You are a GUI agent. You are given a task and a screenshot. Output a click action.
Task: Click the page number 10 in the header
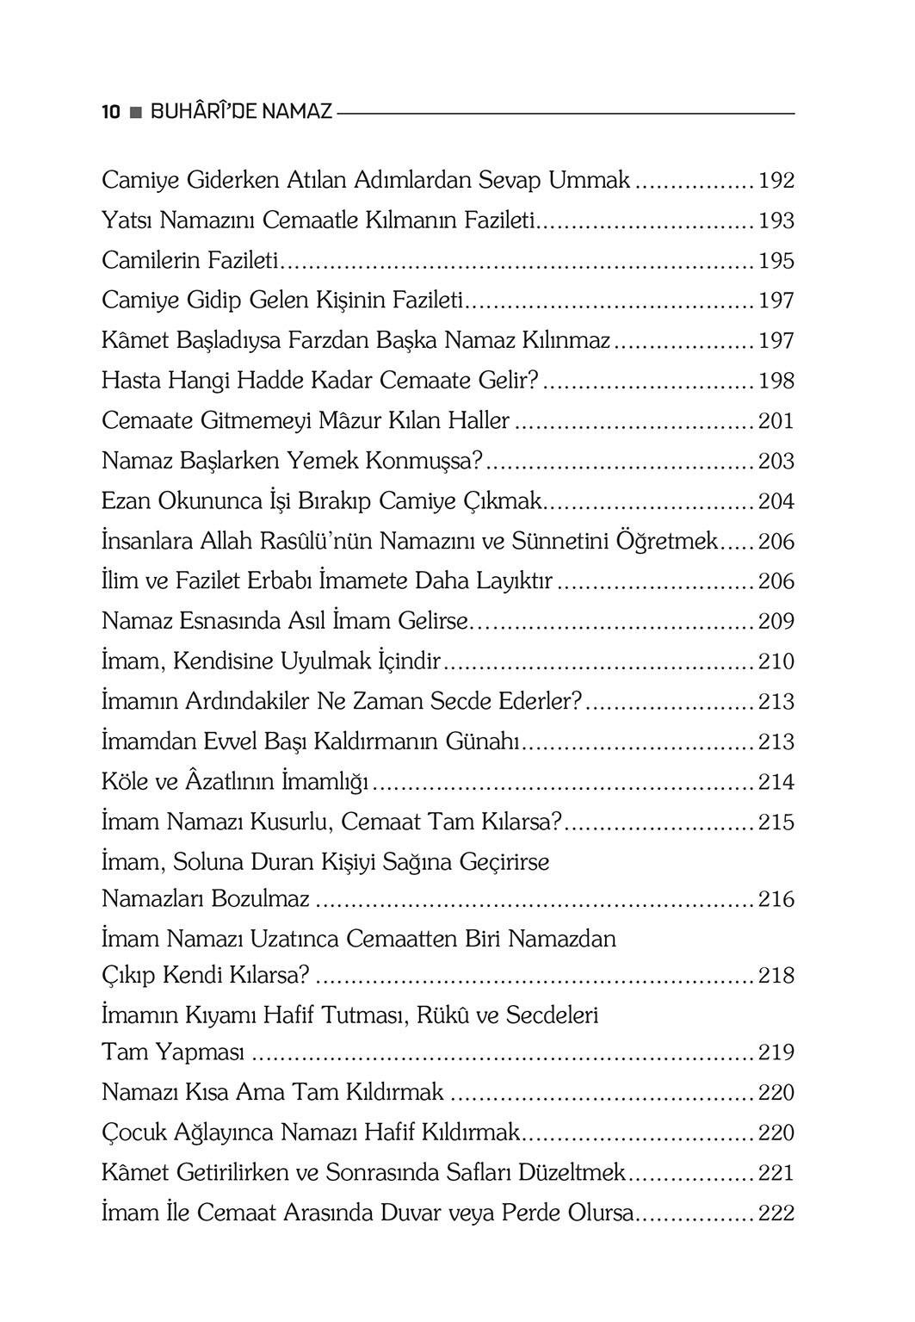[x=110, y=112]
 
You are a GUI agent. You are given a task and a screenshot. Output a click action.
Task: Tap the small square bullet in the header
[x=135, y=113]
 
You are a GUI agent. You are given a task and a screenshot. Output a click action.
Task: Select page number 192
[x=776, y=182]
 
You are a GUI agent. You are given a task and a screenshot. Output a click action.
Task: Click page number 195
[x=776, y=261]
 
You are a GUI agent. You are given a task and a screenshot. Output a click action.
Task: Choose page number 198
[x=776, y=381]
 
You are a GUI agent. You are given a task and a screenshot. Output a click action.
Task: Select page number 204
[x=776, y=501]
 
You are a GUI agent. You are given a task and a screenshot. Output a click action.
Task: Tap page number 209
[x=776, y=621]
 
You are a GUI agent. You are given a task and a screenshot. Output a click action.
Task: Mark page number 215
[x=776, y=822]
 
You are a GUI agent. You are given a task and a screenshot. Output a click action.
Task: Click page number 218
[x=776, y=976]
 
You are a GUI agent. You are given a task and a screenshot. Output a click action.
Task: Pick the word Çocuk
[x=130, y=1133]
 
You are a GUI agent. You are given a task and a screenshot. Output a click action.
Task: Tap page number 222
[x=776, y=1213]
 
